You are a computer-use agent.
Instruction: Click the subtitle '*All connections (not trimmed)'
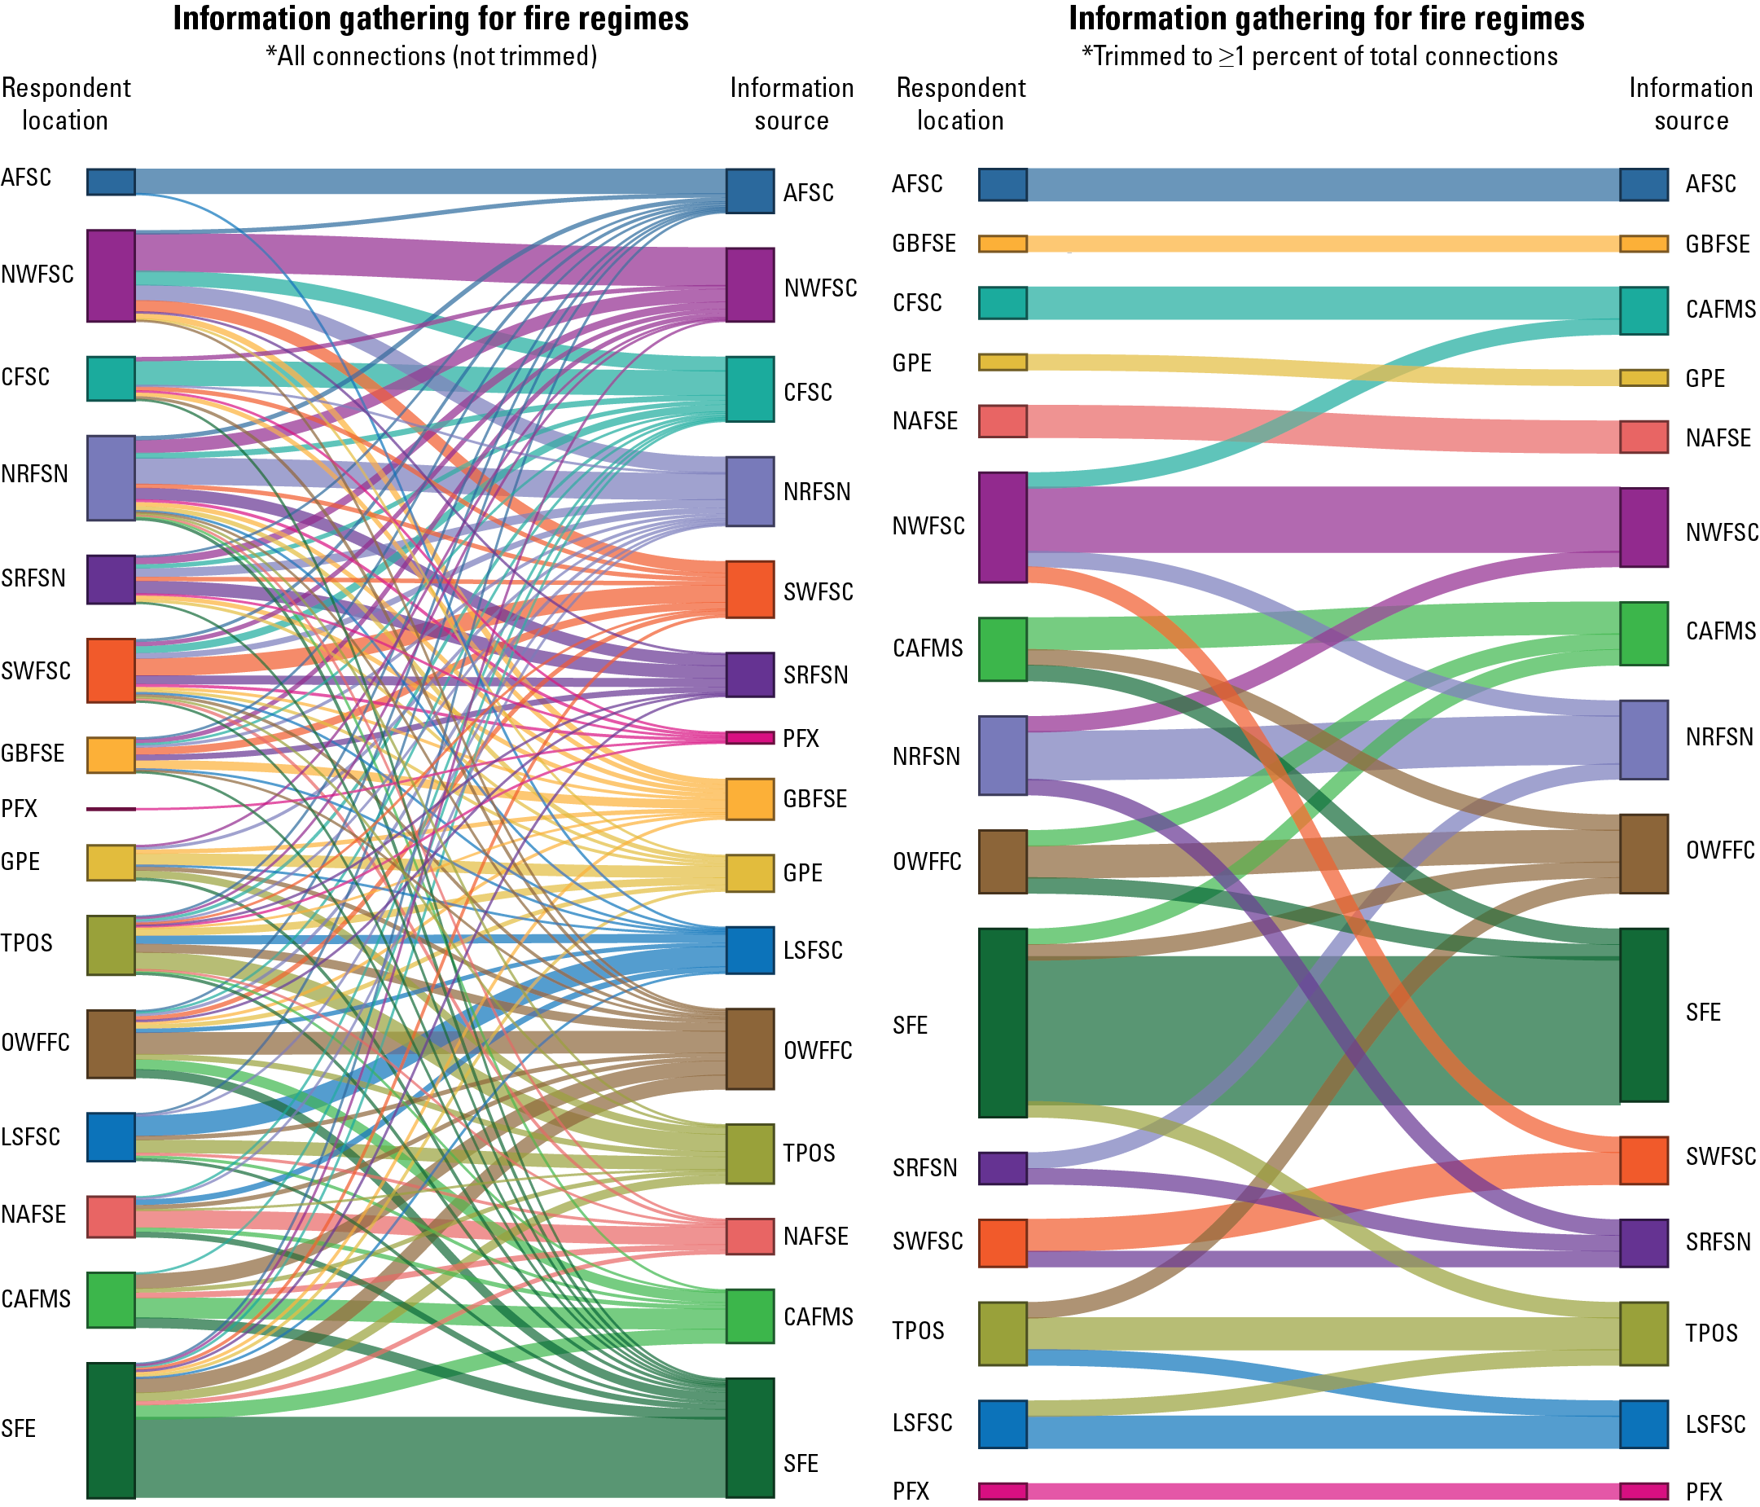(x=432, y=56)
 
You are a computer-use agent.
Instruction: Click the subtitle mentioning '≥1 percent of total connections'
(x=1319, y=56)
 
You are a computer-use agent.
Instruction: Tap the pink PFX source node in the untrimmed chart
(x=749, y=737)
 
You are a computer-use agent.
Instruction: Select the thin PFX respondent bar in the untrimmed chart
(x=111, y=809)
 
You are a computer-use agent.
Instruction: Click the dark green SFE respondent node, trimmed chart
(x=1003, y=1022)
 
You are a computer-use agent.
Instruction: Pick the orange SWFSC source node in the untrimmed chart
(x=749, y=589)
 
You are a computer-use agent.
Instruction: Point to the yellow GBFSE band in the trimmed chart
(x=1323, y=244)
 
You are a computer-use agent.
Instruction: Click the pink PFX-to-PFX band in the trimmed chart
(x=1323, y=1491)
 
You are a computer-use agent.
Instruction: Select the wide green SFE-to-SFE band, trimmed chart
(x=1323, y=1030)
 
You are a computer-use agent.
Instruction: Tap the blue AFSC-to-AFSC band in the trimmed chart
(x=1323, y=184)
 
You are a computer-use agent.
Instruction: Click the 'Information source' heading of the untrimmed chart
(x=792, y=103)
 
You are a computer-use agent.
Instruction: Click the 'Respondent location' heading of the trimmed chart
(x=961, y=103)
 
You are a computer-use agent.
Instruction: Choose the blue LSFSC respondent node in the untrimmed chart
(x=111, y=1136)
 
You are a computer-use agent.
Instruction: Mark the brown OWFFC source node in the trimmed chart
(x=1644, y=854)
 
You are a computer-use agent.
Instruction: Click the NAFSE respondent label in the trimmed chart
(x=925, y=420)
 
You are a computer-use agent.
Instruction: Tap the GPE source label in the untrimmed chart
(x=803, y=872)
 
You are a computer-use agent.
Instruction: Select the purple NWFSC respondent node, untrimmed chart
(x=111, y=275)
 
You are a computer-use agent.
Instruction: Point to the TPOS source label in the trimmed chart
(x=1712, y=1333)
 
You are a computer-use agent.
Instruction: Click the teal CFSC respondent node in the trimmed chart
(x=1003, y=302)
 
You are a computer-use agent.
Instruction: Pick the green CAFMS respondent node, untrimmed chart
(x=111, y=1299)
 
